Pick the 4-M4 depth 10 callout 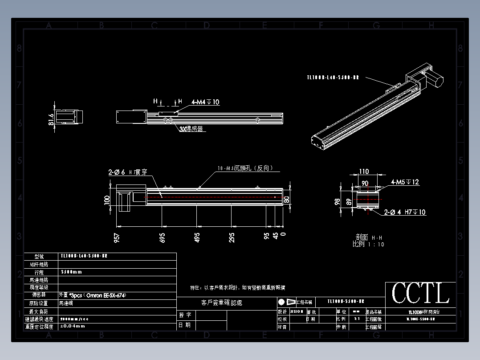[205, 102]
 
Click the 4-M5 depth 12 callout [405, 182]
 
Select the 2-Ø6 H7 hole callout [127, 172]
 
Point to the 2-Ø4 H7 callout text [405, 213]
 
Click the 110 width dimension [364, 172]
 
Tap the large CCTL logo [420, 294]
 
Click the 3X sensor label [191, 129]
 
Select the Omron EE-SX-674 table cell [89, 295]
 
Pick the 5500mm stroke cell [71, 272]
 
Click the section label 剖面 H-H [368, 238]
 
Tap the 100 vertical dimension [107, 200]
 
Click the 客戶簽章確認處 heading [222, 303]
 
